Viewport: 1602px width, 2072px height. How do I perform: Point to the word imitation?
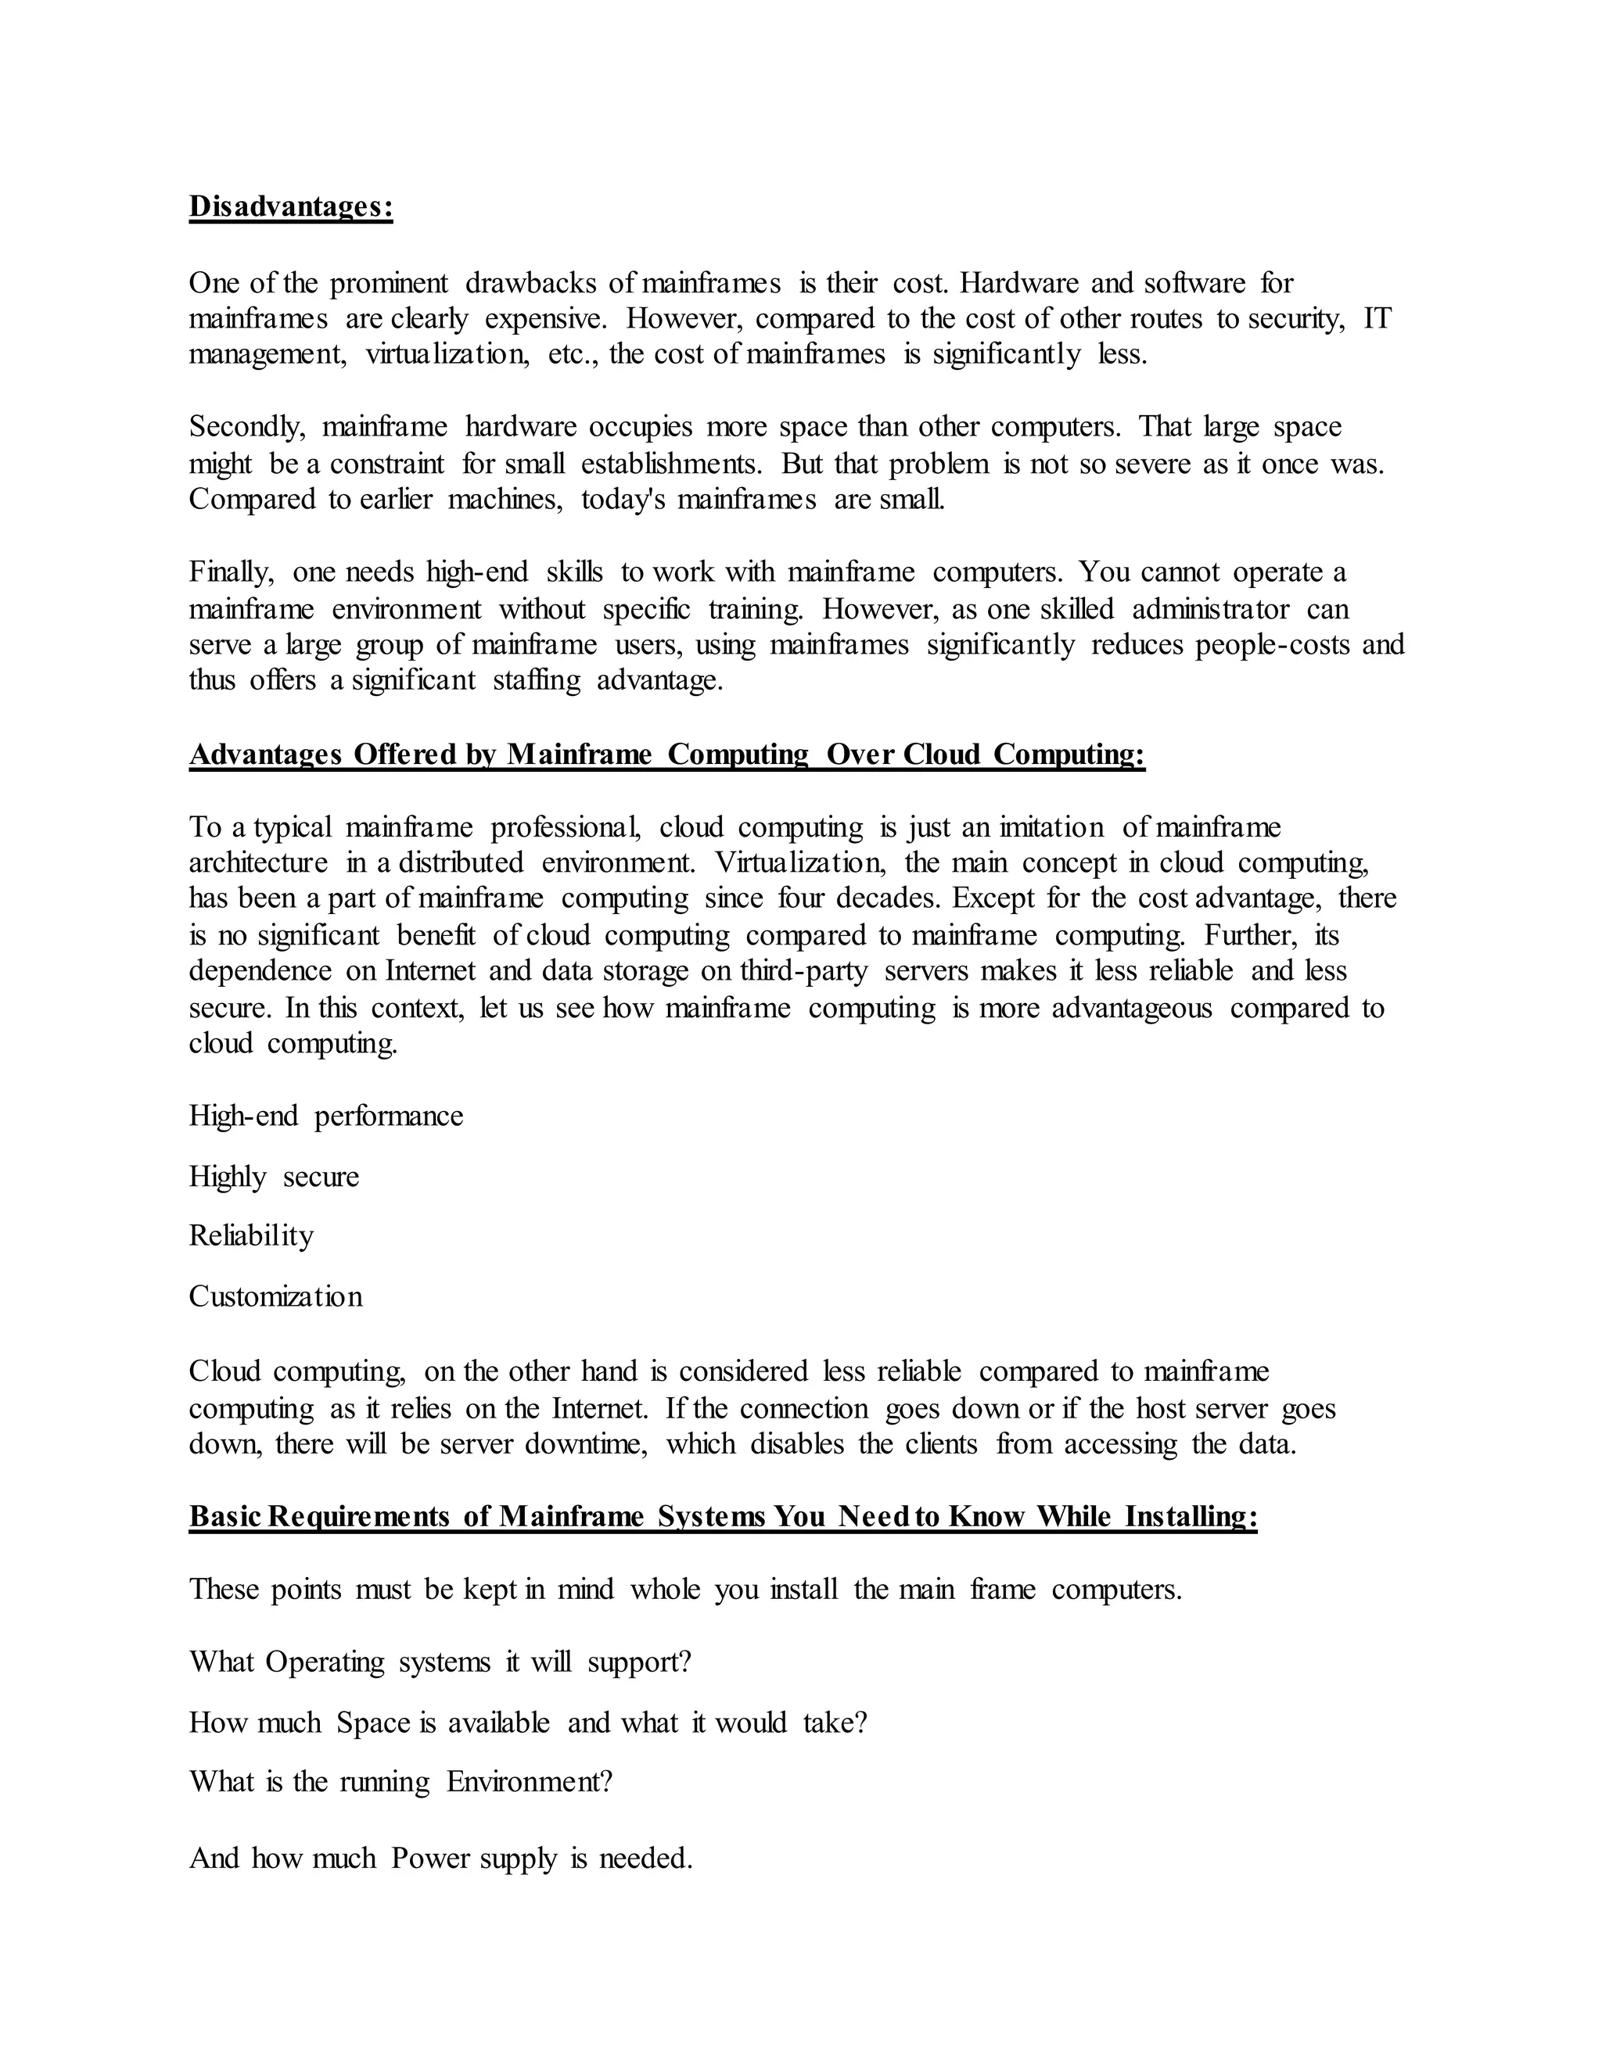click(x=1044, y=827)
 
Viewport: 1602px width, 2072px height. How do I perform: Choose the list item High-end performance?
click(x=325, y=1116)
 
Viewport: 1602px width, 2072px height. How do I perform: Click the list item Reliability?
click(x=250, y=1236)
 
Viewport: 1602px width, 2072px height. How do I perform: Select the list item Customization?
click(x=275, y=1297)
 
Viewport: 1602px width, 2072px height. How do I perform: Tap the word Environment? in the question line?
click(x=529, y=1782)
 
